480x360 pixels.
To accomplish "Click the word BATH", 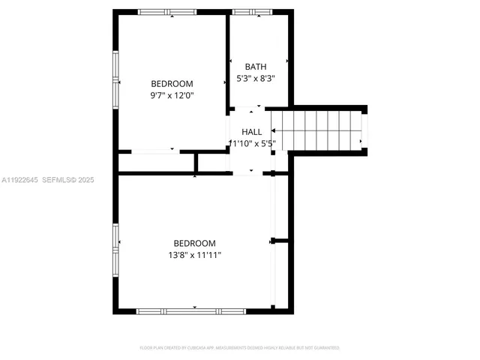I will [x=250, y=67].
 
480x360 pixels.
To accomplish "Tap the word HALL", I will [x=251, y=132].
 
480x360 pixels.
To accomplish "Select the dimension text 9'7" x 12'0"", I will [x=172, y=95].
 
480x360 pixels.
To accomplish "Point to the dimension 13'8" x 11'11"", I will [x=194, y=255].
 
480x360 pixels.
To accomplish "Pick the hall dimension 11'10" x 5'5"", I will [x=252, y=143].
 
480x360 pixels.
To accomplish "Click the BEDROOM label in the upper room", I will [x=172, y=84].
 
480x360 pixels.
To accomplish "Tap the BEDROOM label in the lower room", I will [x=194, y=243].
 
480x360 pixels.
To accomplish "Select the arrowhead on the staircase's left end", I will [x=273, y=130].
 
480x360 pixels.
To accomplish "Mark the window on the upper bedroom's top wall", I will [x=167, y=12].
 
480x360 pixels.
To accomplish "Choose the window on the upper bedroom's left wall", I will [x=115, y=79].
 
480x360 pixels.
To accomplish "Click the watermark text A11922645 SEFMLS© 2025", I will [x=48, y=180].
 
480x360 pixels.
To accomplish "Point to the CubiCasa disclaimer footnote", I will [x=240, y=348].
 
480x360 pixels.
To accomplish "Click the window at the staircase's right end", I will [x=364, y=130].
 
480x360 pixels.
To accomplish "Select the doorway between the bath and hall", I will [x=250, y=109].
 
